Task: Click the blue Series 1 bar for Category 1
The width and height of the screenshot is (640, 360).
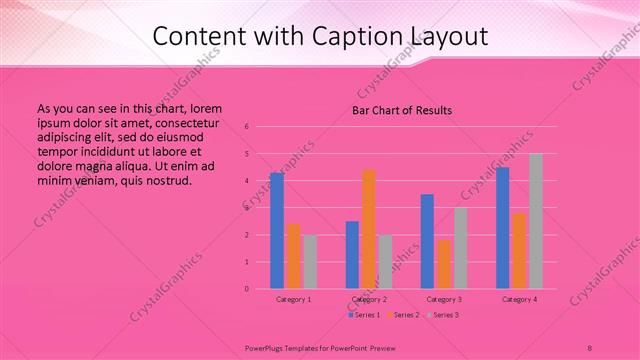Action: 276,231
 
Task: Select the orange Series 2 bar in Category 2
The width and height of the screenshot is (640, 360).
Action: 369,229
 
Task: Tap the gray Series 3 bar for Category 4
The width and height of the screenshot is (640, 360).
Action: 536,221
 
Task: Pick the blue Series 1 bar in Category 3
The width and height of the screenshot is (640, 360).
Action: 427,241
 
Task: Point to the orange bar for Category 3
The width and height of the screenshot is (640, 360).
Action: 444,264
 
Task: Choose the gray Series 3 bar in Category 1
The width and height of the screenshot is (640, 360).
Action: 310,262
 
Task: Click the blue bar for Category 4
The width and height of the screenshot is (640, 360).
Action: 503,228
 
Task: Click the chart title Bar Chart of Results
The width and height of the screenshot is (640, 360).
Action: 402,110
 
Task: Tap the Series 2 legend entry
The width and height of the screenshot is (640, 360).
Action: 403,315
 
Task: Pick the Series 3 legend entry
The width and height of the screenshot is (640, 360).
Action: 443,315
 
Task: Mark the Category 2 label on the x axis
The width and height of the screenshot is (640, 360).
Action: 369,299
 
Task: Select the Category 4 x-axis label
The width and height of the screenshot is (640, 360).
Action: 520,299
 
